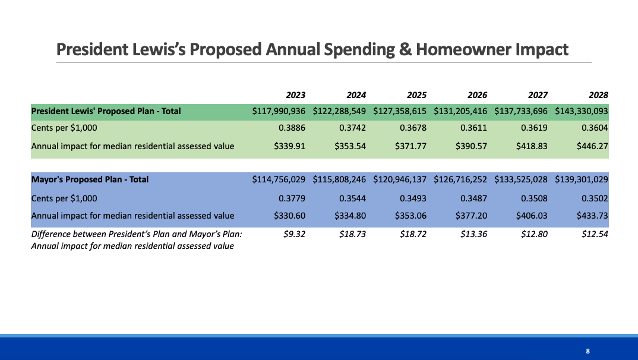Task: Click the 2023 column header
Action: (295, 95)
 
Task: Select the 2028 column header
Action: (598, 95)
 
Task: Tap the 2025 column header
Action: (416, 95)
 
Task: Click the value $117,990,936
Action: (279, 111)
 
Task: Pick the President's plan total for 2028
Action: (582, 111)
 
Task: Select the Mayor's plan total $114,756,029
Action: (279, 179)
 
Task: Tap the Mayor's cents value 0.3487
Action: (473, 198)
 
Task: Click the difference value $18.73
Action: (353, 234)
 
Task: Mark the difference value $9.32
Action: (295, 234)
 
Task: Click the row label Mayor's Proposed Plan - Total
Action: (90, 179)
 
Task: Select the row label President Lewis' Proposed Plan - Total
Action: (106, 111)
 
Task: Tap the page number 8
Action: (588, 351)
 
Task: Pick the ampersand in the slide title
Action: (405, 49)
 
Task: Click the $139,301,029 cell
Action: (582, 179)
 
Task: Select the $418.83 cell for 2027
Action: (532, 146)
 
